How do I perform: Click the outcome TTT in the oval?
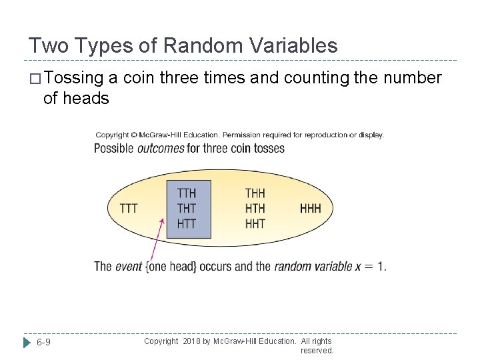pyautogui.click(x=129, y=209)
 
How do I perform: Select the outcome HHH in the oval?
pyautogui.click(x=310, y=209)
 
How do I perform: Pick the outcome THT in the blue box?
pyautogui.click(x=187, y=209)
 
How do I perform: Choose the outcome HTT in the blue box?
pyautogui.click(x=187, y=223)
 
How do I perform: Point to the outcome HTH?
pyautogui.click(x=255, y=209)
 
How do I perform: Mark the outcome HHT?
pyautogui.click(x=255, y=223)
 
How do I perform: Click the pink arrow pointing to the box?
pyautogui.click(x=157, y=240)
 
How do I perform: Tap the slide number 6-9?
pyautogui.click(x=45, y=343)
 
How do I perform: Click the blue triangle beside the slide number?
pyautogui.click(x=27, y=343)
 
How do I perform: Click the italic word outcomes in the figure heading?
pyautogui.click(x=161, y=148)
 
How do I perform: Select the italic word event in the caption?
pyautogui.click(x=129, y=267)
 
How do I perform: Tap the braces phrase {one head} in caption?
pyautogui.click(x=171, y=267)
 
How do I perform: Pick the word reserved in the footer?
pyautogui.click(x=317, y=351)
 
